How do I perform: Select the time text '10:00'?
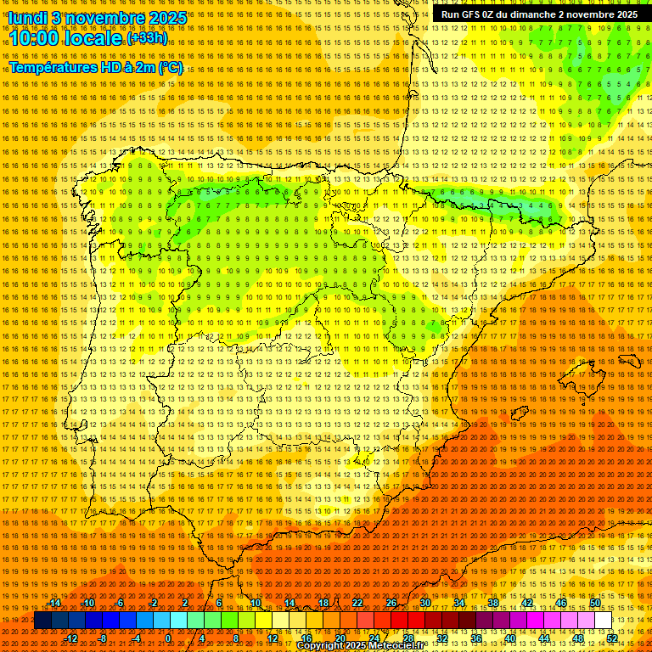33,39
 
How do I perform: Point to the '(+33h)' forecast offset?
147,38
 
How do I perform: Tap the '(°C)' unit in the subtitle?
170,67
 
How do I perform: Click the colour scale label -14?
54,603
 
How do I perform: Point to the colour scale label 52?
613,638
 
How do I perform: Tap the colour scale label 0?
168,638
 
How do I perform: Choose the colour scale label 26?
391,603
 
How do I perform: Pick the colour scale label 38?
493,603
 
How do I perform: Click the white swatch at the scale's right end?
604,621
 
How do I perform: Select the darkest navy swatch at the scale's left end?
42,621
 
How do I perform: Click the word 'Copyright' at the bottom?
321,646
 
